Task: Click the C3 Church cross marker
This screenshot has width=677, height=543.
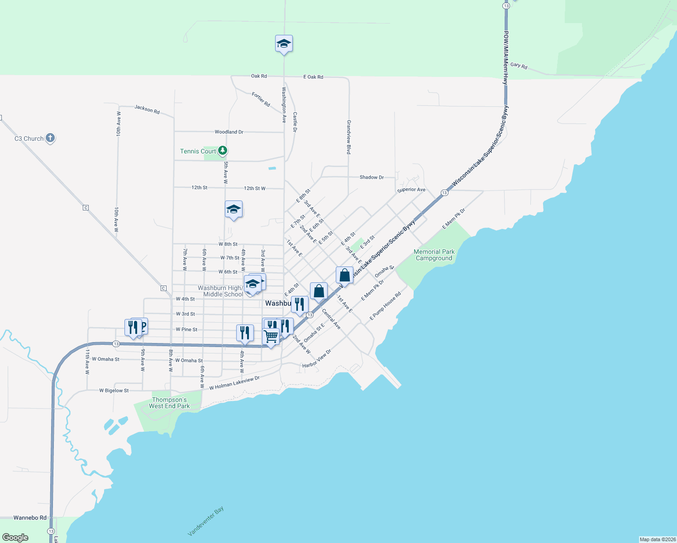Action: [50, 138]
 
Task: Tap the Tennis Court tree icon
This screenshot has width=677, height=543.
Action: [222, 150]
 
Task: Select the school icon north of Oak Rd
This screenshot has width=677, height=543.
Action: [284, 44]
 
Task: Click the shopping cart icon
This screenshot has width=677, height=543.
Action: [271, 336]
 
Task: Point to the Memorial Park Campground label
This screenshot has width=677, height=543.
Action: [434, 255]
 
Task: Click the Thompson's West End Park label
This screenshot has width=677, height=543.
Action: [169, 403]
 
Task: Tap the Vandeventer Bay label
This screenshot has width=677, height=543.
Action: [206, 521]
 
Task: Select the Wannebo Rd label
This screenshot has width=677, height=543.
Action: [30, 518]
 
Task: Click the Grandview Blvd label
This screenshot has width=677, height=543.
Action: [349, 137]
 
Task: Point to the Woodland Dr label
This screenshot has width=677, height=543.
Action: [229, 132]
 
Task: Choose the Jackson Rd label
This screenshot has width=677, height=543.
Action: [147, 110]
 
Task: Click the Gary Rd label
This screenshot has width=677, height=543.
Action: [519, 66]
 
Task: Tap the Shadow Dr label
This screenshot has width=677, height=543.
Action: [372, 177]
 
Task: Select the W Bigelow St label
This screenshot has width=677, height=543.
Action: [114, 391]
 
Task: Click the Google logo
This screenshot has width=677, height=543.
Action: [15, 538]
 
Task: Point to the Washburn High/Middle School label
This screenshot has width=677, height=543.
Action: [220, 291]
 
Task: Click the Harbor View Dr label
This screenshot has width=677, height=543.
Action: [317, 358]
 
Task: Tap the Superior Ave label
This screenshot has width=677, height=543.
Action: [411, 190]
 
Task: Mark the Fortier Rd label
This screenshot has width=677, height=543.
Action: [261, 100]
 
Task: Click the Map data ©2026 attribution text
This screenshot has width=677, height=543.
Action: [657, 539]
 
